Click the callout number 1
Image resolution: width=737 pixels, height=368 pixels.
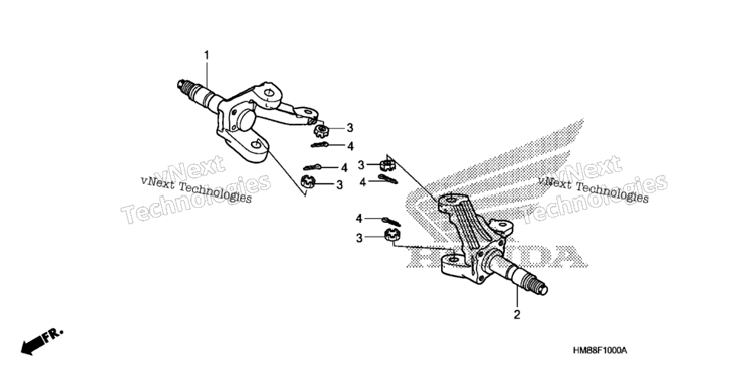tap(206, 56)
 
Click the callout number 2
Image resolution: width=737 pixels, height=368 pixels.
tap(517, 315)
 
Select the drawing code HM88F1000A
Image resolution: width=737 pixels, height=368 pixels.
tap(600, 351)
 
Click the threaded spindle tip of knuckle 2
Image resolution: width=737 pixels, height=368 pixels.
tap(537, 286)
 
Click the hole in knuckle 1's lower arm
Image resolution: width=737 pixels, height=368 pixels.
tap(256, 144)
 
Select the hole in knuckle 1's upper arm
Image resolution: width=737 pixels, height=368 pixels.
tap(268, 92)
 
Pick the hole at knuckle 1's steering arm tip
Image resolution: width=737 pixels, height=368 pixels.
tap(308, 112)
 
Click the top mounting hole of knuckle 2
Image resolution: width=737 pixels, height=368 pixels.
tap(450, 201)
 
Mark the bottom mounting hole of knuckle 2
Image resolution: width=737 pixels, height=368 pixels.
tap(453, 260)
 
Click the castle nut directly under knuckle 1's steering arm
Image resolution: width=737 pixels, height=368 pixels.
tap(320, 130)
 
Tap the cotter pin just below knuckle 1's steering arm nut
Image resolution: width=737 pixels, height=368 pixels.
tap(320, 144)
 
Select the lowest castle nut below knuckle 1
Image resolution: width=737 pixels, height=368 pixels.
tap(308, 180)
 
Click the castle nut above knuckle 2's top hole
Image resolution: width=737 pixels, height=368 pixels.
tap(386, 165)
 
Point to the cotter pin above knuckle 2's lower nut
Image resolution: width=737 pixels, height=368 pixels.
tap(392, 221)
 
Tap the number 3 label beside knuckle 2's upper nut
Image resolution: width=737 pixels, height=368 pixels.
tap(361, 165)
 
